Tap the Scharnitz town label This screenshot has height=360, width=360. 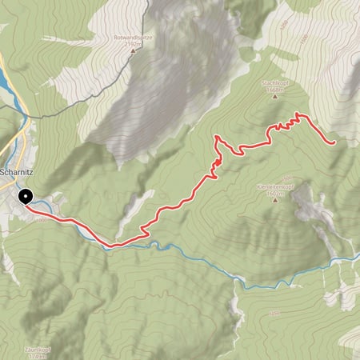[x=16, y=169]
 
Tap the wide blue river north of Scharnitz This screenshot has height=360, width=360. [x=6, y=80]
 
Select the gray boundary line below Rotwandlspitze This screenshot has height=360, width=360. [x=80, y=112]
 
